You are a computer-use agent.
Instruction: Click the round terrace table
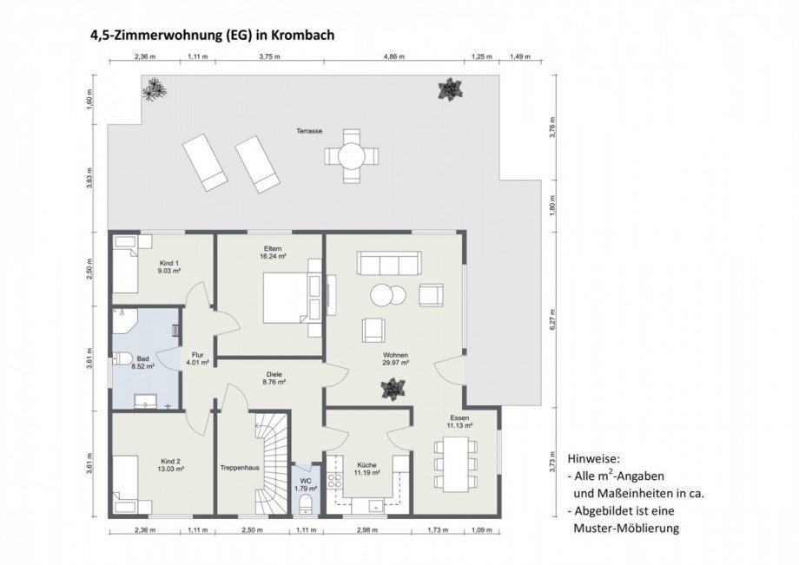tap(352, 156)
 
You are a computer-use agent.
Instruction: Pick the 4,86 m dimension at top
tap(395, 56)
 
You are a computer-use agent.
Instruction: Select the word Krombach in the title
tap(304, 36)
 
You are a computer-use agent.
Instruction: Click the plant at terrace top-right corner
tap(450, 88)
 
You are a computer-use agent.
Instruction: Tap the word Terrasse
tap(309, 130)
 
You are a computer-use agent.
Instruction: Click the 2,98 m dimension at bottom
tap(369, 529)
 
